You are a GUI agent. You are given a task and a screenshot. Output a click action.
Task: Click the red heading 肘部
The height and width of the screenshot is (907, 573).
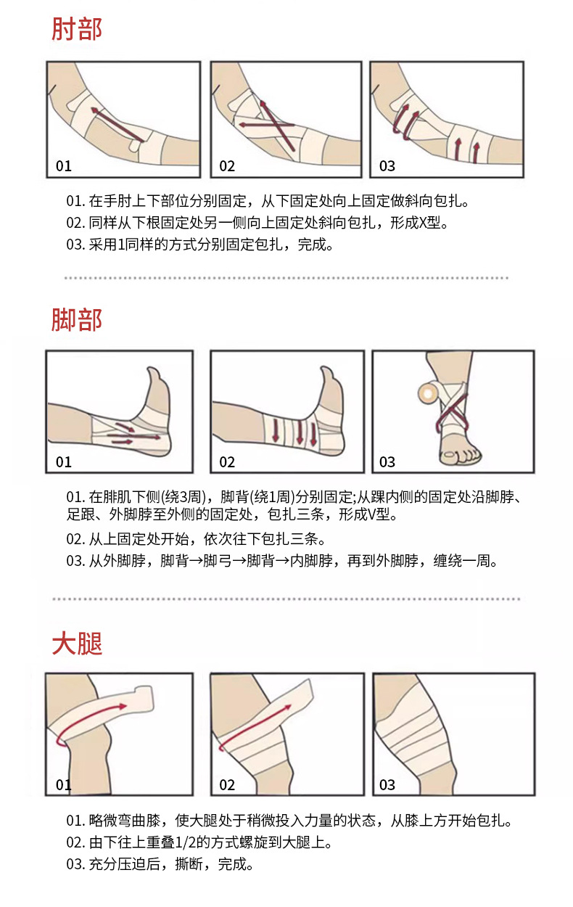(76, 29)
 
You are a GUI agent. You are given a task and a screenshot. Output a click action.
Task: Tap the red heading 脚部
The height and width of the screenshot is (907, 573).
(76, 319)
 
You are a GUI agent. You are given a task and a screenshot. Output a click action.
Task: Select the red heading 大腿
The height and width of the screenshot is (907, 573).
(76, 643)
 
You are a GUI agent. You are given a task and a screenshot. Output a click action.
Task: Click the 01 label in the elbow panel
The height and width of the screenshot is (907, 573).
(64, 166)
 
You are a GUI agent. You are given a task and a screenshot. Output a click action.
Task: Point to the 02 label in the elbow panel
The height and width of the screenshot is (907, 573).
(227, 166)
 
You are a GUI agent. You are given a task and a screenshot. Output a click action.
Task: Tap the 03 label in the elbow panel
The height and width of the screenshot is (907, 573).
(387, 166)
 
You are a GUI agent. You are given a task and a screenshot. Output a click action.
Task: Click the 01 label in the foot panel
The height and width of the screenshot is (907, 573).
(64, 462)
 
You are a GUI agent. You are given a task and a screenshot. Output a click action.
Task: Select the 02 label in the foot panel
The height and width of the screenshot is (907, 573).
(227, 462)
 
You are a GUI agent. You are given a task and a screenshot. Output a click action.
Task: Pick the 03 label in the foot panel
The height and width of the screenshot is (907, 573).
(387, 462)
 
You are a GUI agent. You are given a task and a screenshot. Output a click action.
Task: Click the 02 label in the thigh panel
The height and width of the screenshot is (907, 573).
(227, 784)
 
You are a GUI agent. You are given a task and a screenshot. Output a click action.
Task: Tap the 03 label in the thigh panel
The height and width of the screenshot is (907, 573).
(387, 784)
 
